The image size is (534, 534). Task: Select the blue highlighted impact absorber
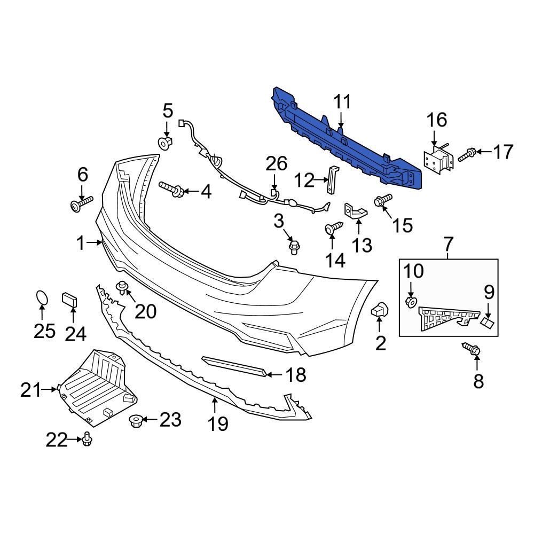tap(347, 142)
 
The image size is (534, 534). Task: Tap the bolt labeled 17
tap(466, 154)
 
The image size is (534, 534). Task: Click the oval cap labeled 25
tap(41, 297)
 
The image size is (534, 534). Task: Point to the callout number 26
tap(277, 164)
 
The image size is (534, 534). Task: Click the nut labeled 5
tap(166, 143)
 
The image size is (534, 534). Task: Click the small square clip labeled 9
tap(488, 322)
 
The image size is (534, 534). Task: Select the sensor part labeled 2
tap(380, 309)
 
